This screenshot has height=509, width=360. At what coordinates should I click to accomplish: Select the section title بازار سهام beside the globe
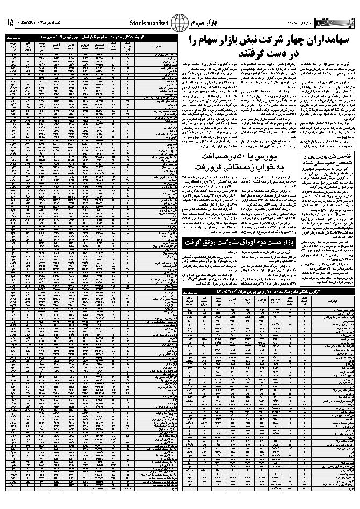[204, 23]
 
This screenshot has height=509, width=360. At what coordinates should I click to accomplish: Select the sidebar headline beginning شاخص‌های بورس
[327, 158]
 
